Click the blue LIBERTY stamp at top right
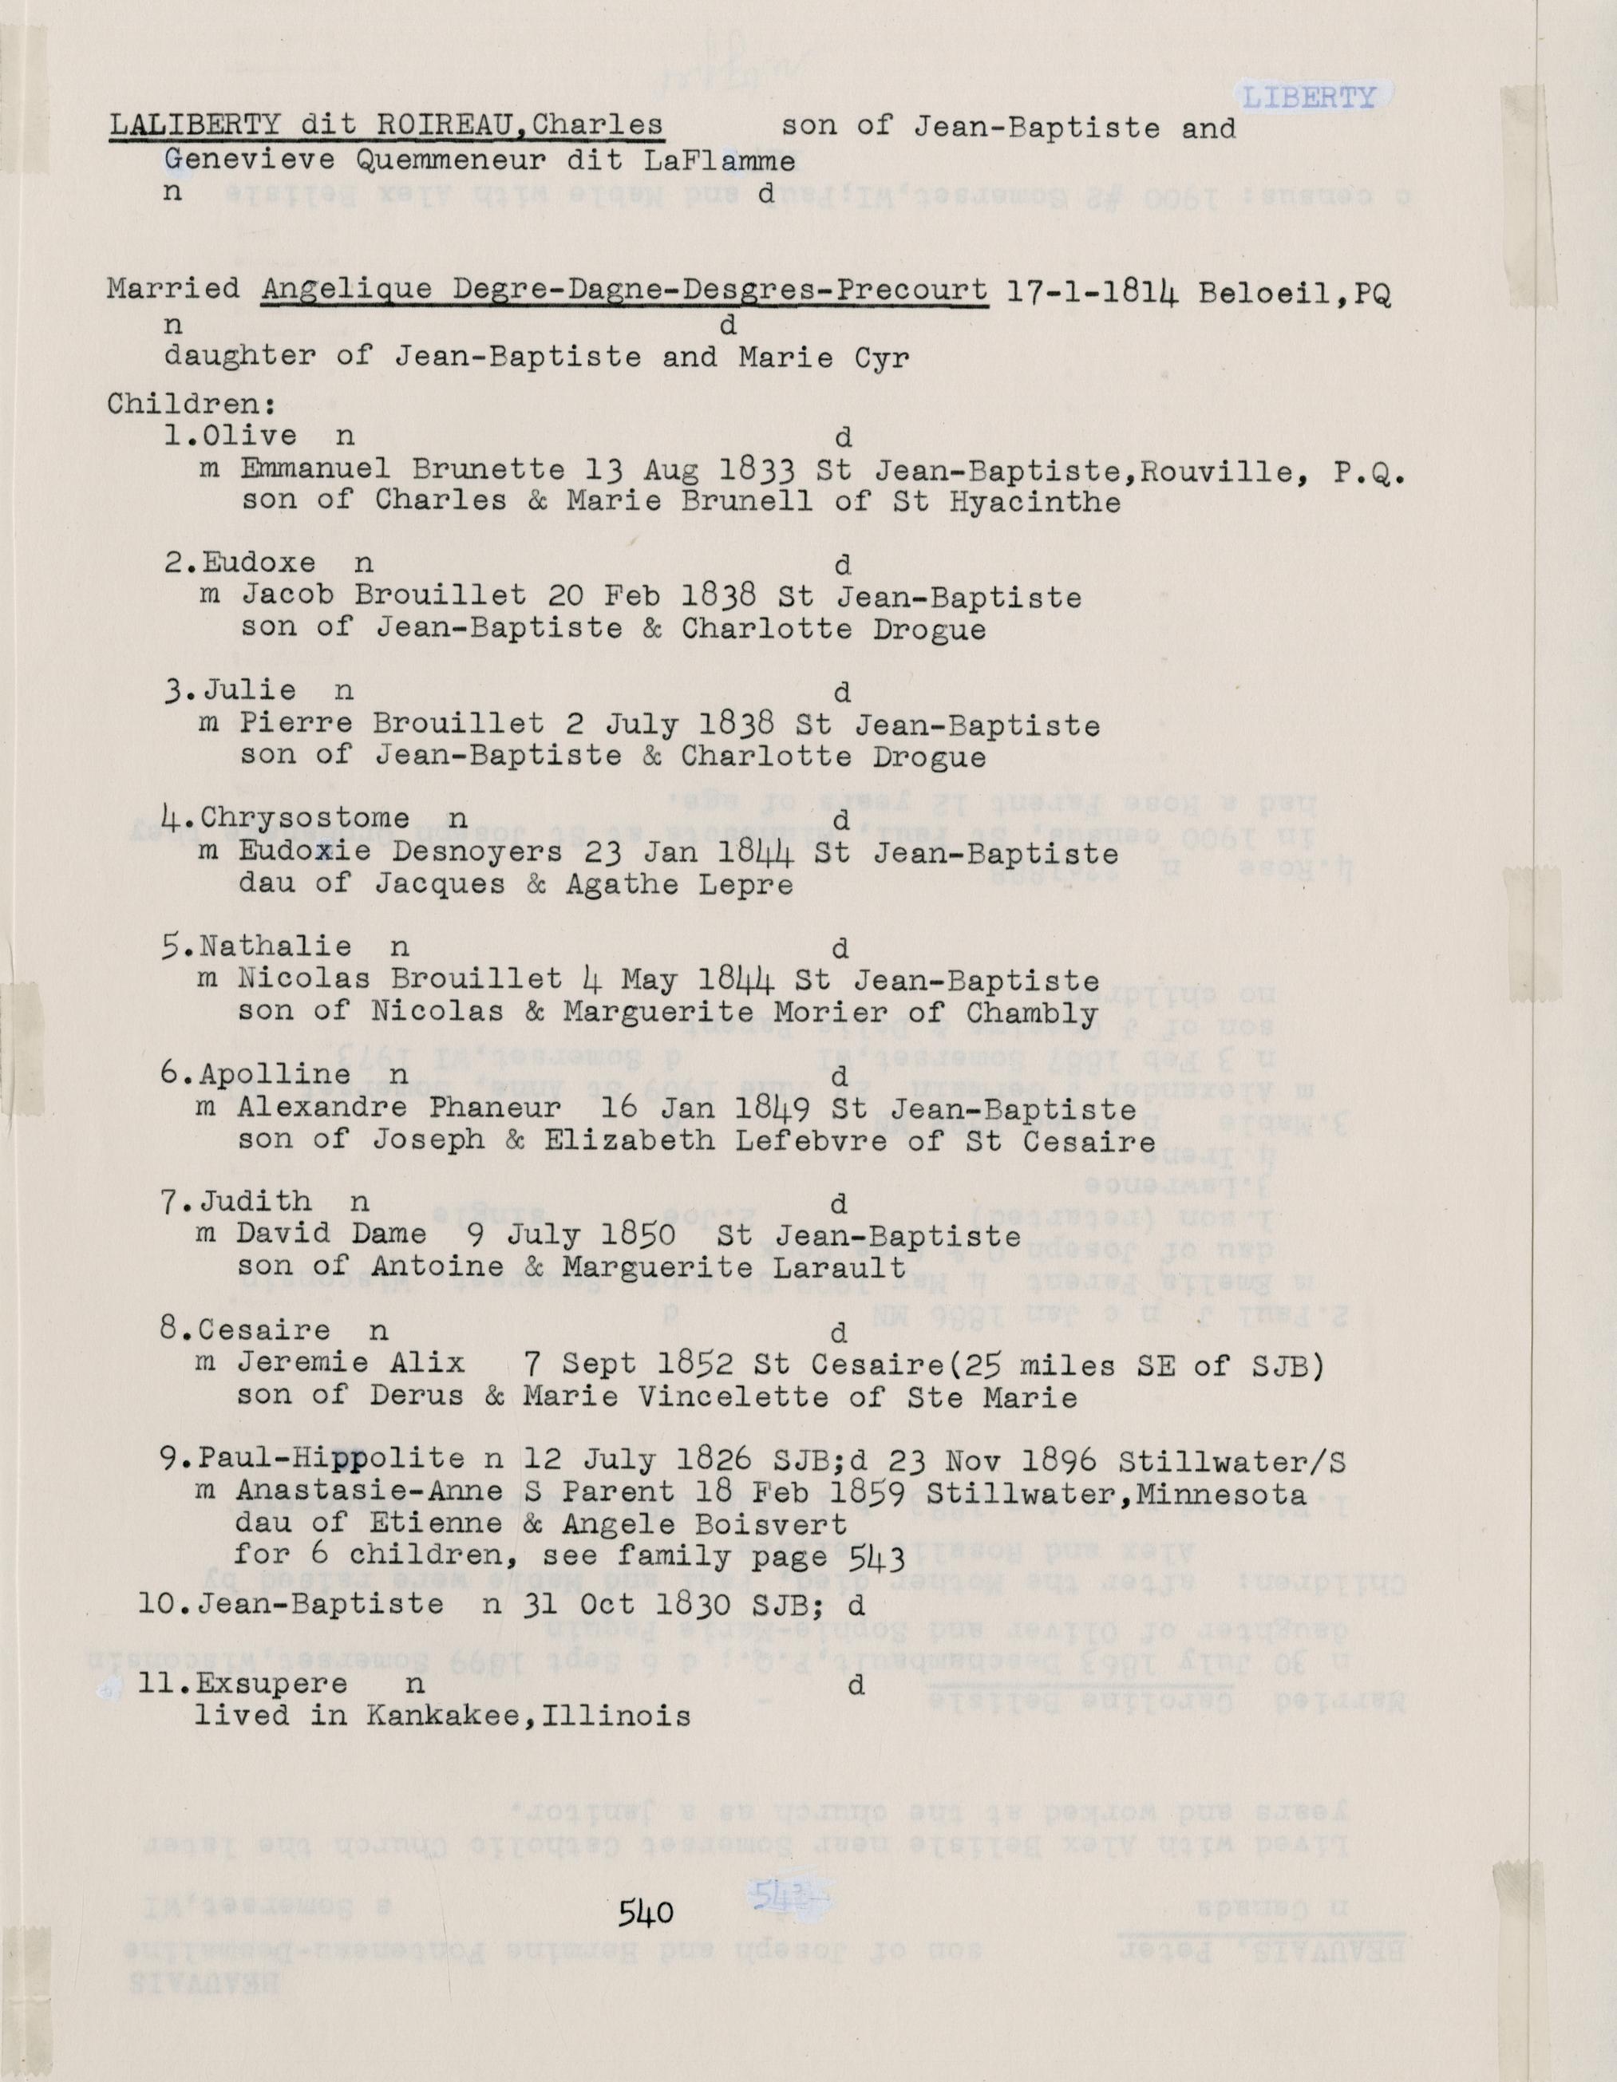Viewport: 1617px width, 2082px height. coord(1308,97)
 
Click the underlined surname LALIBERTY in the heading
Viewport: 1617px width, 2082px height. coord(192,126)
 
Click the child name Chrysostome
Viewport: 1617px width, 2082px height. coord(305,818)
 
